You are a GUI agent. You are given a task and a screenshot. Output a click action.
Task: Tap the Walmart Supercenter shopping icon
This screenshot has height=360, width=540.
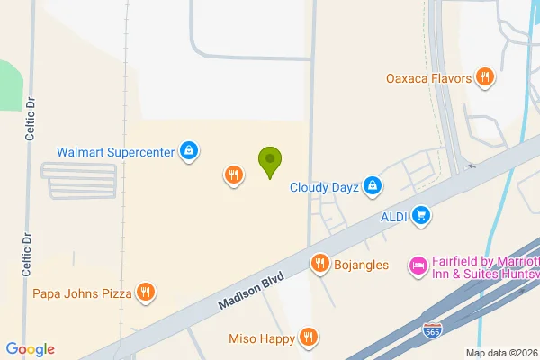pyautogui.click(x=189, y=151)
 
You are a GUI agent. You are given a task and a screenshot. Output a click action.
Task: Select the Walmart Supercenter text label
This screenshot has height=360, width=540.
pyautogui.click(x=115, y=151)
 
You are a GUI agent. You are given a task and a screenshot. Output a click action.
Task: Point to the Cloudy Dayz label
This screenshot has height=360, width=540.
pyautogui.click(x=324, y=187)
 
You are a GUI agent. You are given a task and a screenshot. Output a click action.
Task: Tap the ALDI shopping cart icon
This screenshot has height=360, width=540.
pyautogui.click(x=420, y=216)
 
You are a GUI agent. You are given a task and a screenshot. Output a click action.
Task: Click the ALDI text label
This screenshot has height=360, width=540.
pyautogui.click(x=394, y=216)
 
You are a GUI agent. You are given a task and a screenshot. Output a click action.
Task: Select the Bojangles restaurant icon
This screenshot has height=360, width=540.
pyautogui.click(x=319, y=264)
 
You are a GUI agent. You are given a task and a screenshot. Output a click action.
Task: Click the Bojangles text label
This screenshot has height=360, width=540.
pyautogui.click(x=361, y=265)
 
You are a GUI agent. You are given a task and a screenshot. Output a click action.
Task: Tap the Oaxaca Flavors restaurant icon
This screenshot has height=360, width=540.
pyautogui.click(x=485, y=77)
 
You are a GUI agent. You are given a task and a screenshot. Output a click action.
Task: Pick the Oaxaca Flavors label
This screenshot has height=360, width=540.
pyautogui.click(x=429, y=78)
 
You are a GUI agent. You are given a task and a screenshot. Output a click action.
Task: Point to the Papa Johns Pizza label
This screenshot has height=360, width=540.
pyautogui.click(x=83, y=292)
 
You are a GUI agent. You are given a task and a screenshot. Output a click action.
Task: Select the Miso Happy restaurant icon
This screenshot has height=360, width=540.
pyautogui.click(x=309, y=337)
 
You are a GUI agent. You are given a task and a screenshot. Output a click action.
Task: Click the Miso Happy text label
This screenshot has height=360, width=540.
pyautogui.click(x=262, y=338)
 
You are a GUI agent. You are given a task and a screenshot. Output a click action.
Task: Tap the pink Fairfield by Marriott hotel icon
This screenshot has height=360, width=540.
pyautogui.click(x=418, y=265)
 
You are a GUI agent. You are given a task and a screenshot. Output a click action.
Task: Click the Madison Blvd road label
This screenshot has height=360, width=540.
pyautogui.click(x=251, y=292)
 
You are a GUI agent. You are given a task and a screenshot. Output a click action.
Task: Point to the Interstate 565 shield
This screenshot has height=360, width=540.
pyautogui.click(x=432, y=332)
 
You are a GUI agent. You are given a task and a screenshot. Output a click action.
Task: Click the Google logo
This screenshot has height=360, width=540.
pyautogui.click(x=30, y=349)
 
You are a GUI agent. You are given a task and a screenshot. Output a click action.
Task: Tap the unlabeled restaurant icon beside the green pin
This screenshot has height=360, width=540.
pyautogui.click(x=233, y=174)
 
